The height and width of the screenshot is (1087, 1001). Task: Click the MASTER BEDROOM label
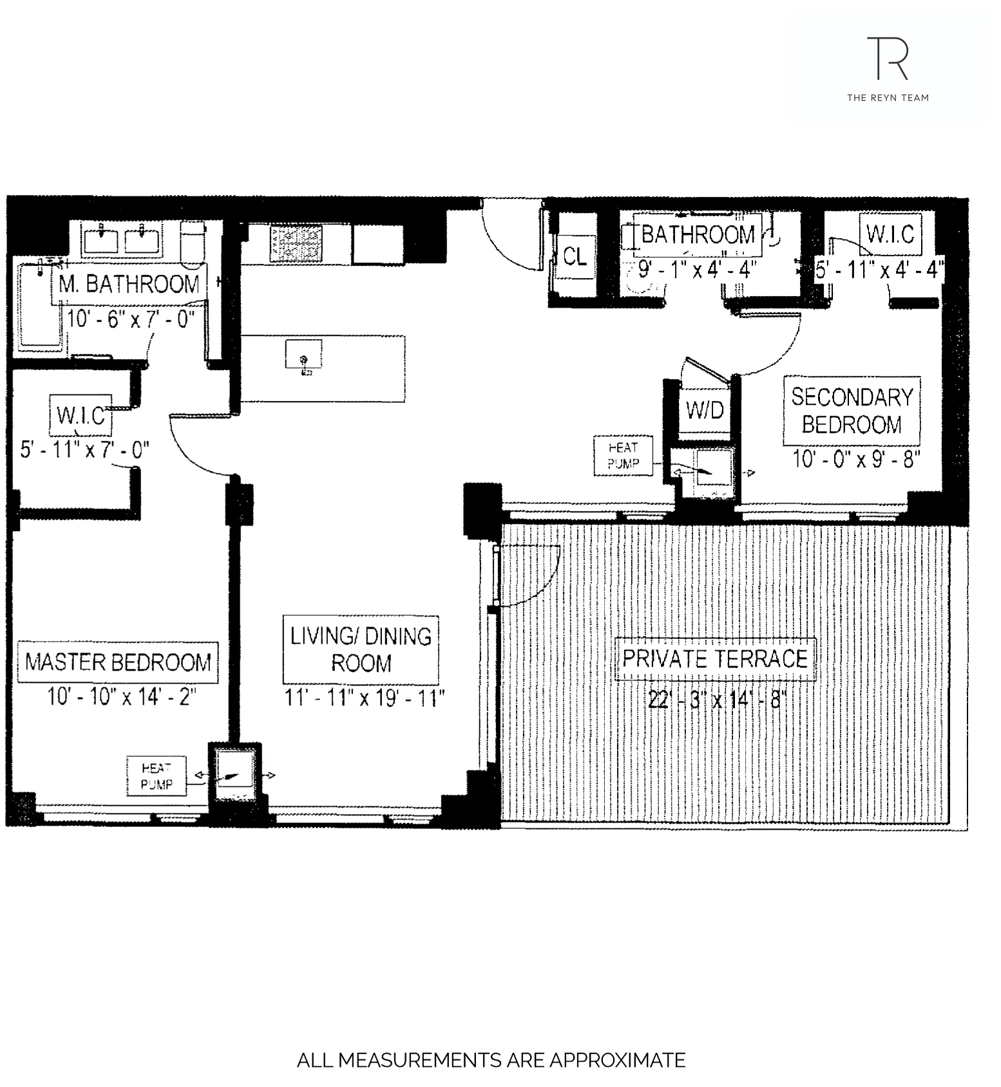pos(118,662)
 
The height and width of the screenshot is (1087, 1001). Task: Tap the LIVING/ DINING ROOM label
pos(361,649)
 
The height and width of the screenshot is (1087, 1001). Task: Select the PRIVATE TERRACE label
pos(715,659)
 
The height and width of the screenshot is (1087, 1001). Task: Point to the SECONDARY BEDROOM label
pos(852,411)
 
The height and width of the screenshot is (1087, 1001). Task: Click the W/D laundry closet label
pos(705,410)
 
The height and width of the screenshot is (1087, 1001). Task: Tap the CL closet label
pos(575,257)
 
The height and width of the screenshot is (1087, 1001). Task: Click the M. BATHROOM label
pos(129,284)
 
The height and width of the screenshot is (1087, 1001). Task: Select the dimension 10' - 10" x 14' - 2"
pos(121,697)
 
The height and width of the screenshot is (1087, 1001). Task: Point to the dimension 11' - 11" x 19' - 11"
pos(365,698)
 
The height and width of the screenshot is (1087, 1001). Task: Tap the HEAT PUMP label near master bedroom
pos(157,776)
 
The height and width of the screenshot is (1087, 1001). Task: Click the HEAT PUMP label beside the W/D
pos(623,456)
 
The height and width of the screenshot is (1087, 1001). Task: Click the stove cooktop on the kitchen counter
pos(296,243)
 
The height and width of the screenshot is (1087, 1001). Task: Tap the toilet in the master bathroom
pos(192,243)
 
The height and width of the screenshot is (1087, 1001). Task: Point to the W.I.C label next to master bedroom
pos(81,415)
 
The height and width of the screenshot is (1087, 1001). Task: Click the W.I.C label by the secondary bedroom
pos(890,234)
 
